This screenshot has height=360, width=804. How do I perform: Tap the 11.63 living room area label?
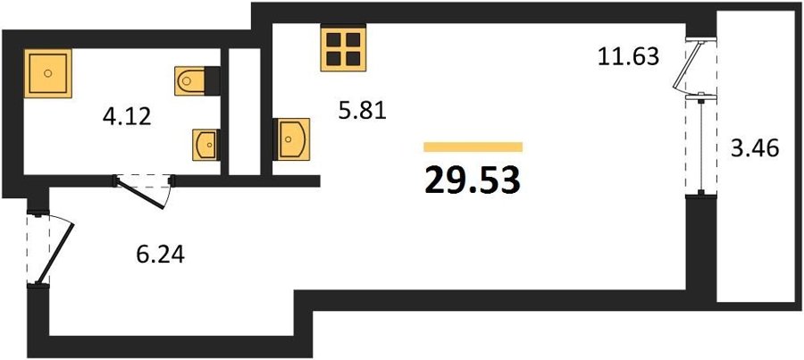pos(628,56)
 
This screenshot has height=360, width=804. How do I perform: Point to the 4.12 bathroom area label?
pos(127,117)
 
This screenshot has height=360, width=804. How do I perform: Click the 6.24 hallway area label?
pos(161,254)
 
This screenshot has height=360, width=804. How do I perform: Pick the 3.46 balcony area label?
pos(755,150)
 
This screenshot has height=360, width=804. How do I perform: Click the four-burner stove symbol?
pos(344,48)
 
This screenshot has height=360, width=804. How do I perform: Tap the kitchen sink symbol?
pos(291,139)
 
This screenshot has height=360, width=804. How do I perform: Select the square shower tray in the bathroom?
pos(47,73)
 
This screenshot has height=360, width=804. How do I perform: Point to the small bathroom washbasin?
pos(206,145)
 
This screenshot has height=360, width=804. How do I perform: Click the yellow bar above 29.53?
pos(473,147)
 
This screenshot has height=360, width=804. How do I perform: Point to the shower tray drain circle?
pos(47,73)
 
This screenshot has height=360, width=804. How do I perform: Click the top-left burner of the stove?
pos(334,39)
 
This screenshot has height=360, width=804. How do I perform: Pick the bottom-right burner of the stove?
pos(353,58)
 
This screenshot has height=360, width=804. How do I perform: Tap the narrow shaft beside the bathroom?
pos(244,112)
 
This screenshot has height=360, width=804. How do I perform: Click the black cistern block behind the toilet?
pos(213,80)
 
